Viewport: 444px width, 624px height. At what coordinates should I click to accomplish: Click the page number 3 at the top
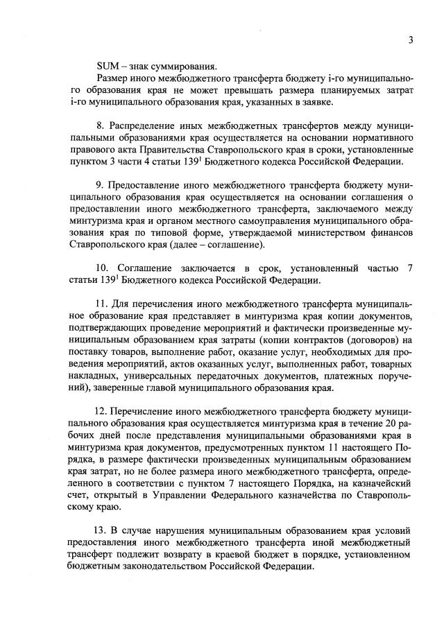[x=411, y=40]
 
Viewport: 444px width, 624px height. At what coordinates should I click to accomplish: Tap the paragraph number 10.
[x=103, y=268]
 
